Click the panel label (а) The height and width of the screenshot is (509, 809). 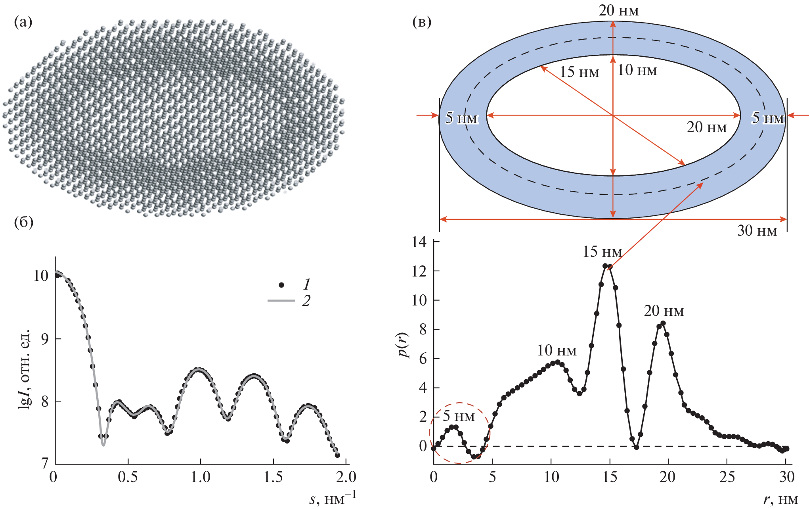[23, 22]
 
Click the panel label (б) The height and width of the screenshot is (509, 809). [23, 223]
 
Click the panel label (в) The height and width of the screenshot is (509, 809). [422, 22]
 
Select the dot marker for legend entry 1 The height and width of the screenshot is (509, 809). [281, 284]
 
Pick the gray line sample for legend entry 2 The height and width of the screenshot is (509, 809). [281, 301]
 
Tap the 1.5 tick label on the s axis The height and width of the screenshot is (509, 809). [273, 477]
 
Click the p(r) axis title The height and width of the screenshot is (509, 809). [404, 344]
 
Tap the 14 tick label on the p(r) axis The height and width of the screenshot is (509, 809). [419, 242]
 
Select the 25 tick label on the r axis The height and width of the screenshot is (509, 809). [727, 477]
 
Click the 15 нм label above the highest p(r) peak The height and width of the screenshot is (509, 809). [602, 252]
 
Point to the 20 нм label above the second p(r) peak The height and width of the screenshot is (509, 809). [664, 311]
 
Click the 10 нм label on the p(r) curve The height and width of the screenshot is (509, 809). [557, 351]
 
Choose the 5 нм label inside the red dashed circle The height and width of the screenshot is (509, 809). [459, 416]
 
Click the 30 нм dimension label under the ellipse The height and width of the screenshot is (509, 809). [757, 231]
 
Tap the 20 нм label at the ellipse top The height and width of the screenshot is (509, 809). [619, 11]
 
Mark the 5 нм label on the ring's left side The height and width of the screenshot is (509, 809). [462, 118]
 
